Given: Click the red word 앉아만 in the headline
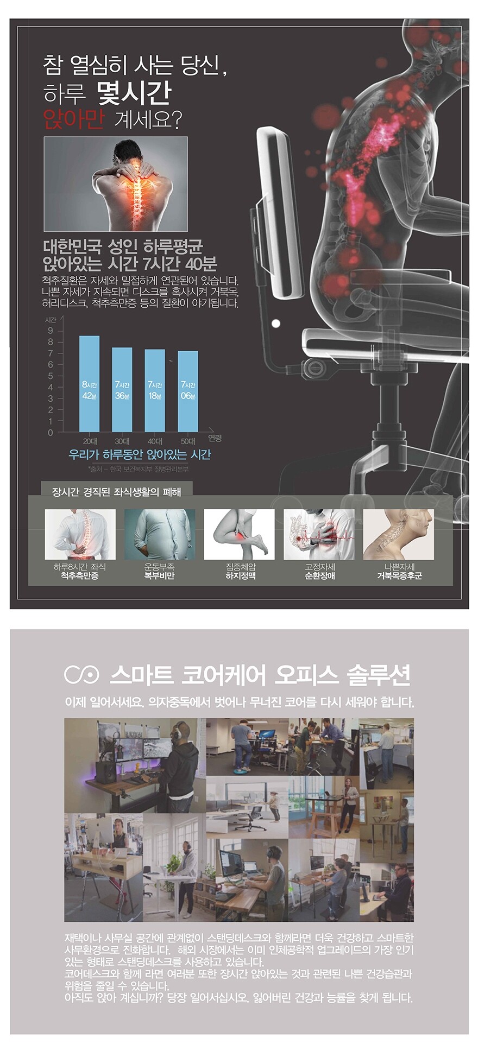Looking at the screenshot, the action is [73, 119].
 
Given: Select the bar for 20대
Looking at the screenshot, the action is [90, 384].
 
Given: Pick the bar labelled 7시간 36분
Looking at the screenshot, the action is [122, 390].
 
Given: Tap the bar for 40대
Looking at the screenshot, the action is [155, 391].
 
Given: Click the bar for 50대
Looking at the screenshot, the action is [188, 391].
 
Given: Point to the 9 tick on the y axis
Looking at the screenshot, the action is [51, 331].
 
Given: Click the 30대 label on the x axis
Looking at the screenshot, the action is [122, 441].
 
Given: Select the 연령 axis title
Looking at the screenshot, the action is [215, 438].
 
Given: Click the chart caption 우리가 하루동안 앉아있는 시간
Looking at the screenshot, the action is [140, 454].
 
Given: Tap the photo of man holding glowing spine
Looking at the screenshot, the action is [116, 185].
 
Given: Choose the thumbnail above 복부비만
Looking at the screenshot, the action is [160, 534].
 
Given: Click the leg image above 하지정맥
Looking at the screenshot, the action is [240, 534].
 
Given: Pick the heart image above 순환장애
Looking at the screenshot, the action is [319, 534].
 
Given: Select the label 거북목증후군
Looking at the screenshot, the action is [399, 576].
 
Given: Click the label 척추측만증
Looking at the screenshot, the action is [80, 576].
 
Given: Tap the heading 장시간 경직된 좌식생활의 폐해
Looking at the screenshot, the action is [116, 492].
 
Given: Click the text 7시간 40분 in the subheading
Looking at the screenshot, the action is [182, 264].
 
